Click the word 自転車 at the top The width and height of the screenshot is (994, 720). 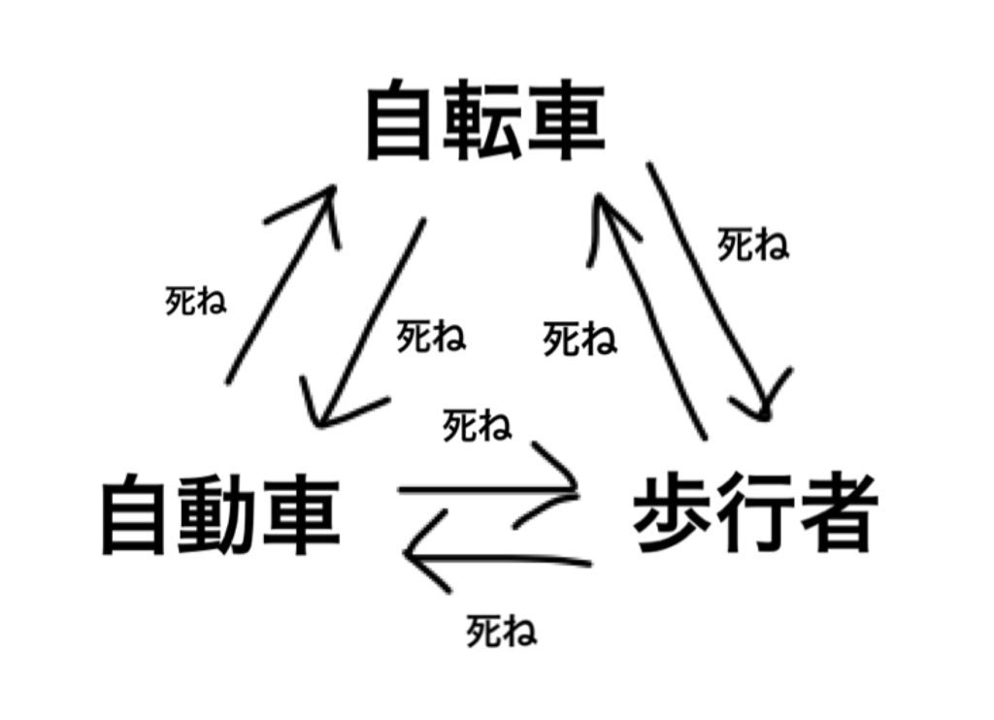484,124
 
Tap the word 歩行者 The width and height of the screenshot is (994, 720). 755,511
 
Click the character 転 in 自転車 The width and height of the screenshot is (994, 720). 484,124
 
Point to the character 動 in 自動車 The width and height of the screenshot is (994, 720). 220,513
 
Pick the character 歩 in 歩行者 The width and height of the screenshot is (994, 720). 674,511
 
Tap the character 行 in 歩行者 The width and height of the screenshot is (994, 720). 755,511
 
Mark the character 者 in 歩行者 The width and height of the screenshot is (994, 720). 837,511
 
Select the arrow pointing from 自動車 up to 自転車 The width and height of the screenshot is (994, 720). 281,281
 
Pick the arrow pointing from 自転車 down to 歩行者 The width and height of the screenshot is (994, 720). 713,291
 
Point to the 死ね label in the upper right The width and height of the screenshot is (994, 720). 752,245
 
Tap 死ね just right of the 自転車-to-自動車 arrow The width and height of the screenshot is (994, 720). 431,337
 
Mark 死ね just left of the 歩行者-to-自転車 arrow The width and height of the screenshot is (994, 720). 580,340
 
